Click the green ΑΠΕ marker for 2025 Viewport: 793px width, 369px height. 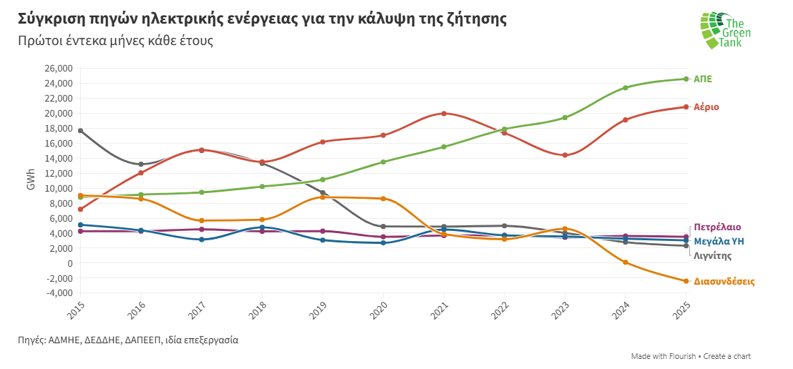686,79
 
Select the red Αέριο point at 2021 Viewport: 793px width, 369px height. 444,114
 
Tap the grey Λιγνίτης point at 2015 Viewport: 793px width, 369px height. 80,131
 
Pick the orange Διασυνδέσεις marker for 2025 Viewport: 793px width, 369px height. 686,281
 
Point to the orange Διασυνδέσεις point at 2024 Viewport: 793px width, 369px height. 626,262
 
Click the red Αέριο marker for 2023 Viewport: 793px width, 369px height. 565,155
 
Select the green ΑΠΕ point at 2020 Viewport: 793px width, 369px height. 383,162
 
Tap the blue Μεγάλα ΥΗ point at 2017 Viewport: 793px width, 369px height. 201,240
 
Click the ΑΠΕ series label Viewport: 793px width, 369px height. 703,79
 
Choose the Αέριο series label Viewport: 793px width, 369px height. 706,107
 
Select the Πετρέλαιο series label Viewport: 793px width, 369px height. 717,227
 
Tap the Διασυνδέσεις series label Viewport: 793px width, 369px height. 724,282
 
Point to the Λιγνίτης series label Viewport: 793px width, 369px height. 714,255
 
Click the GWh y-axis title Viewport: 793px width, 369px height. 31,180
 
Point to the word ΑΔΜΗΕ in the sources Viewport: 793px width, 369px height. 67,340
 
